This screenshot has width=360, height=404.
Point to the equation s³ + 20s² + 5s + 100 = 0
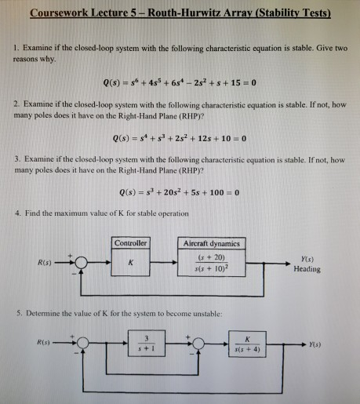click(180, 194)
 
